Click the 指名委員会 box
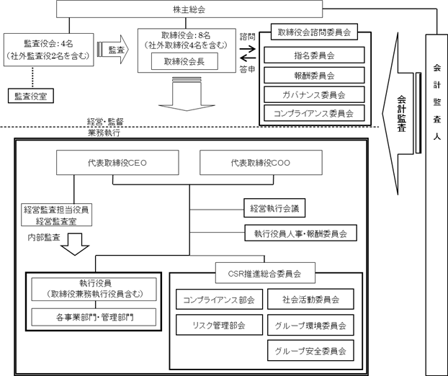click(313, 55)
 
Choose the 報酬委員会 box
click(313, 75)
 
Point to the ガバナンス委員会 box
click(313, 94)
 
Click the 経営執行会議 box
click(274, 209)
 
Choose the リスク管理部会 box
click(219, 326)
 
